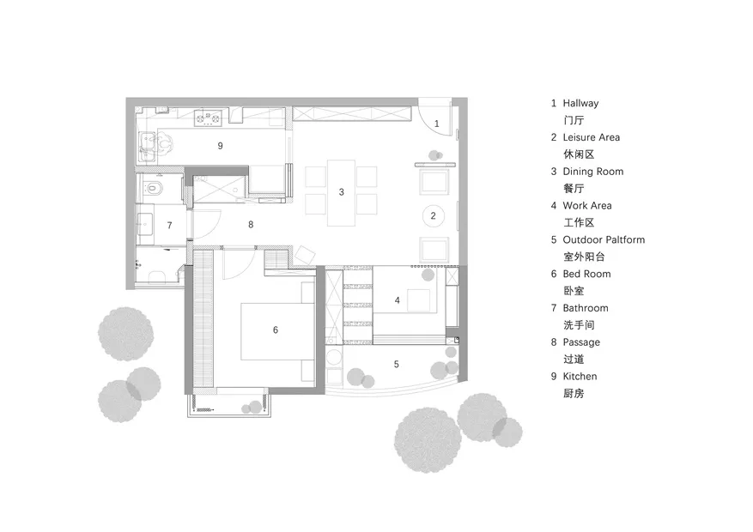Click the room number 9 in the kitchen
tap(220, 146)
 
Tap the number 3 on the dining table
tap(342, 192)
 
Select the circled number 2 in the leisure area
tap(433, 216)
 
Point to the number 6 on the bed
tap(275, 330)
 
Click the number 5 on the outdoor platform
tap(396, 365)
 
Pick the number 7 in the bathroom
tap(169, 226)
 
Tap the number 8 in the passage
tap(251, 225)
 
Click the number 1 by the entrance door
tap(436, 124)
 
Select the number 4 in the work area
tap(398, 300)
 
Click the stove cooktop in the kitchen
tap(209, 118)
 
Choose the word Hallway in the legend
tap(580, 103)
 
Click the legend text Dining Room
tap(593, 172)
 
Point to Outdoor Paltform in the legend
tap(604, 240)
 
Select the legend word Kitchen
tap(580, 377)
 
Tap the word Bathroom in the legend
tap(586, 308)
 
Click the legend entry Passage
tap(581, 342)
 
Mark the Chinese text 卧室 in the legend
tap(574, 291)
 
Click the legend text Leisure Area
tap(592, 137)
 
